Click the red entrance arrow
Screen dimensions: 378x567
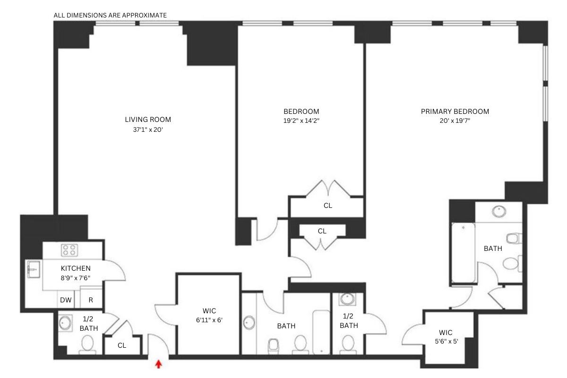159,364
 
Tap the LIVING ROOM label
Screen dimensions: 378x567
148,119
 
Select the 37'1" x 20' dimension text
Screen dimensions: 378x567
148,129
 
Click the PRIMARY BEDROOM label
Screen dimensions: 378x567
455,112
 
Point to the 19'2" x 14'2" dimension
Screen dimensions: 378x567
301,120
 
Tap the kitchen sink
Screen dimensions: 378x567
33,270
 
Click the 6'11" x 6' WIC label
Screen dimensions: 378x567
209,315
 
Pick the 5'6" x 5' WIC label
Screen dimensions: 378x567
445,337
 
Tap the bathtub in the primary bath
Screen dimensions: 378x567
463,253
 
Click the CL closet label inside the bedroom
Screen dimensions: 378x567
327,206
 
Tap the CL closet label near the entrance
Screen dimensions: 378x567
122,345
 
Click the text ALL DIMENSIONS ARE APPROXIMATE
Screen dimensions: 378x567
110,15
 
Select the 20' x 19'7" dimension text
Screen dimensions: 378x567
455,120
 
